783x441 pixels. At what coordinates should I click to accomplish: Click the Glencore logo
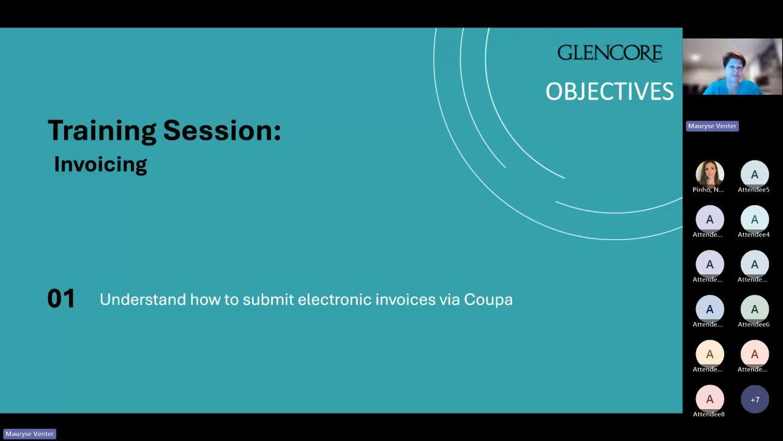coord(610,53)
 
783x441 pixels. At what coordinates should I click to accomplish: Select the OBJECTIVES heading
coord(610,91)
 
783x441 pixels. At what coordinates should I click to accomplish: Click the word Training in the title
coord(102,131)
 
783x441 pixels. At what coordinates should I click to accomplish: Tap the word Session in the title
coord(222,130)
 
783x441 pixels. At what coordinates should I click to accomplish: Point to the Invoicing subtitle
coord(101,164)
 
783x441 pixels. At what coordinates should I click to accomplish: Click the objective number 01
coord(61,298)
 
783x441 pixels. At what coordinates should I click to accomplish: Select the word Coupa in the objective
coord(488,300)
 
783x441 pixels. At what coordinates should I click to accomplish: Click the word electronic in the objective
coord(334,300)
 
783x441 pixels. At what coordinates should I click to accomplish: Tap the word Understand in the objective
coord(143,300)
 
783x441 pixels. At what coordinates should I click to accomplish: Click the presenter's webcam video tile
coord(732,67)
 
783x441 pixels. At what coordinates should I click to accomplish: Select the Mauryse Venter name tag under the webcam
coord(712,126)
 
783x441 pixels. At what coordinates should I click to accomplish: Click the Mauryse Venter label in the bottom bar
coord(30,434)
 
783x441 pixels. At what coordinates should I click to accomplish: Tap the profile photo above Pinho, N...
coord(710,173)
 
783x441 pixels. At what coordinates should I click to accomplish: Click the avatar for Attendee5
coord(755,174)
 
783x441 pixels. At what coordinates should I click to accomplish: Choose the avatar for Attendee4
coord(755,219)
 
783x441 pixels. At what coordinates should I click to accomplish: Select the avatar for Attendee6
coord(755,309)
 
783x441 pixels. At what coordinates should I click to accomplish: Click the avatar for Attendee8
coord(710,399)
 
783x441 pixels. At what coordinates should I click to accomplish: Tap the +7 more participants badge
coord(755,399)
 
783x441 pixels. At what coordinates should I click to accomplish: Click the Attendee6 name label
coord(754,325)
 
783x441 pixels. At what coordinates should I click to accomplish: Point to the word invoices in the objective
coord(406,300)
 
